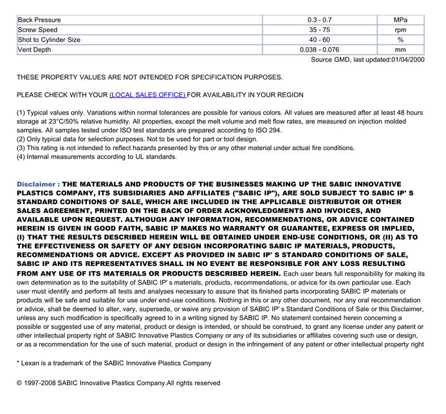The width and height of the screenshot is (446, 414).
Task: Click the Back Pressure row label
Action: point(39,20)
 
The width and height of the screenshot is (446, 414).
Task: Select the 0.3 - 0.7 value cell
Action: point(319,20)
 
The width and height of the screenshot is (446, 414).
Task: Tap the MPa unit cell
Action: point(400,20)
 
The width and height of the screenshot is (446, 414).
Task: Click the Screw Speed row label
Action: point(37,30)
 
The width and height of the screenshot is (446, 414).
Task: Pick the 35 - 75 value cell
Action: point(319,30)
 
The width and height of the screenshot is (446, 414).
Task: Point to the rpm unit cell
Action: point(400,30)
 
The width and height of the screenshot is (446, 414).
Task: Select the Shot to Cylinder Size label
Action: point(49,40)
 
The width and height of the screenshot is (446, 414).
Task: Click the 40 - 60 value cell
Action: point(319,40)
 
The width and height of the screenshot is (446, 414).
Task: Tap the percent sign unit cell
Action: point(400,40)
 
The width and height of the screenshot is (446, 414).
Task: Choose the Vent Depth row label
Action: point(35,50)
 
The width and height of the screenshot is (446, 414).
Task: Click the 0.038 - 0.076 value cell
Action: point(319,50)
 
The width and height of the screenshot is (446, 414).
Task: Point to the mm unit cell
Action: point(400,50)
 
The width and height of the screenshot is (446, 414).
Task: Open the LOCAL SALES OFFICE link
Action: point(148,95)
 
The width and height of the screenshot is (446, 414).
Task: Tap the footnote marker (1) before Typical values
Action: point(21,113)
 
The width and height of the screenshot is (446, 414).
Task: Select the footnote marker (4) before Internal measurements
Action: point(21,156)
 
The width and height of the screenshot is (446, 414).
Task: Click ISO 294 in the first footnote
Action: point(265,130)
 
